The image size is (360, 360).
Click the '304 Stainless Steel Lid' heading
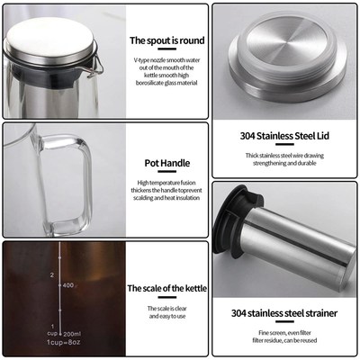tap(284, 137)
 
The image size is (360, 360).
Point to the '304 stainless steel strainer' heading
tap(284, 313)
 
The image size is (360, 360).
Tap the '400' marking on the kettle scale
tap(66, 283)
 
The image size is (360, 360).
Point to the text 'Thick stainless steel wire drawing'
tap(284, 156)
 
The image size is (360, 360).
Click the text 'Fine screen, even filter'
tap(284, 333)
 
